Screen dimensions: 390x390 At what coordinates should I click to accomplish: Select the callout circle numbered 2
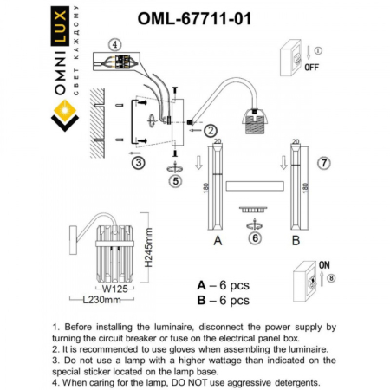(x=210, y=130)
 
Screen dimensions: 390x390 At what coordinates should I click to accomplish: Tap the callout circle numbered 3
(x=137, y=162)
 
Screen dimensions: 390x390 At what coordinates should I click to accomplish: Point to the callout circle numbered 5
(x=176, y=182)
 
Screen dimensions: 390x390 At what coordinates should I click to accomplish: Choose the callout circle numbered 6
(x=255, y=237)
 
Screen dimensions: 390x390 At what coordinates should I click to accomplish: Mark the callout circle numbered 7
(x=323, y=162)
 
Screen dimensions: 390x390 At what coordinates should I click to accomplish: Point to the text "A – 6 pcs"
(x=223, y=284)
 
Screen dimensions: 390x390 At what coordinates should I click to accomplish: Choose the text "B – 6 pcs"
(x=223, y=300)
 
